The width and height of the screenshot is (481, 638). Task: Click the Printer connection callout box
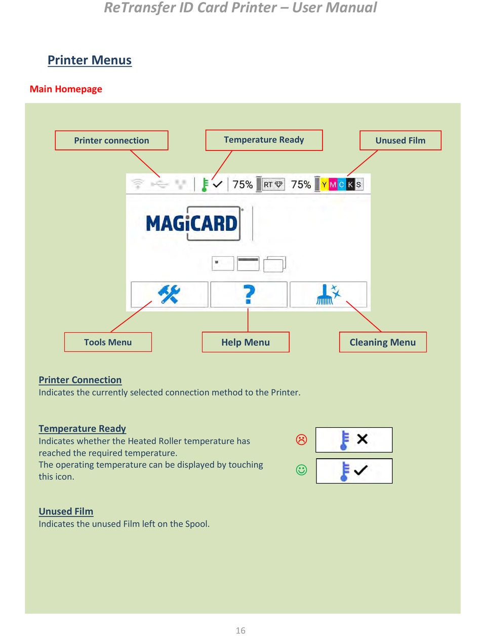click(x=111, y=140)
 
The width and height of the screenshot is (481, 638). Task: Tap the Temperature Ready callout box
click(x=264, y=140)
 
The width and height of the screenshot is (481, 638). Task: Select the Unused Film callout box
click(x=400, y=140)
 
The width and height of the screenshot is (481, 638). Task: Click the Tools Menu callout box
click(x=108, y=342)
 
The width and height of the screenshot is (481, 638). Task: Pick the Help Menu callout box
click(x=246, y=342)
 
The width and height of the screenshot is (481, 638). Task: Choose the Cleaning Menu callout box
click(x=382, y=342)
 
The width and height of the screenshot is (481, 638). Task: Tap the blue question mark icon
click(x=249, y=294)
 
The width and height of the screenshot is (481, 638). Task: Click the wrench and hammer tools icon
click(x=169, y=294)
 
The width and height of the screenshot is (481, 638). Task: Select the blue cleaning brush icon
click(x=328, y=294)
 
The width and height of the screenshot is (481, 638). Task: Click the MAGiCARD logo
click(x=192, y=223)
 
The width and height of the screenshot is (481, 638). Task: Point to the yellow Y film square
click(x=324, y=185)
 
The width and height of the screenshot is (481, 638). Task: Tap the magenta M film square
click(x=333, y=185)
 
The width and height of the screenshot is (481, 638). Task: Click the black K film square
click(x=350, y=185)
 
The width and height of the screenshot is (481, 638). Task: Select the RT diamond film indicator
click(x=273, y=185)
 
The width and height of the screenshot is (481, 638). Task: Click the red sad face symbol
click(x=301, y=440)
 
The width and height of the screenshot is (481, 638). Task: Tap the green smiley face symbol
click(x=301, y=470)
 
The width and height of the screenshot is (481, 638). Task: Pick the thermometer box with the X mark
click(x=354, y=440)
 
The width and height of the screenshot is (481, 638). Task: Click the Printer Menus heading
click(x=90, y=60)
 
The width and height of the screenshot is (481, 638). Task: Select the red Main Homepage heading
click(x=66, y=89)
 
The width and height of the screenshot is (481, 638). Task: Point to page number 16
click(x=240, y=630)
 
